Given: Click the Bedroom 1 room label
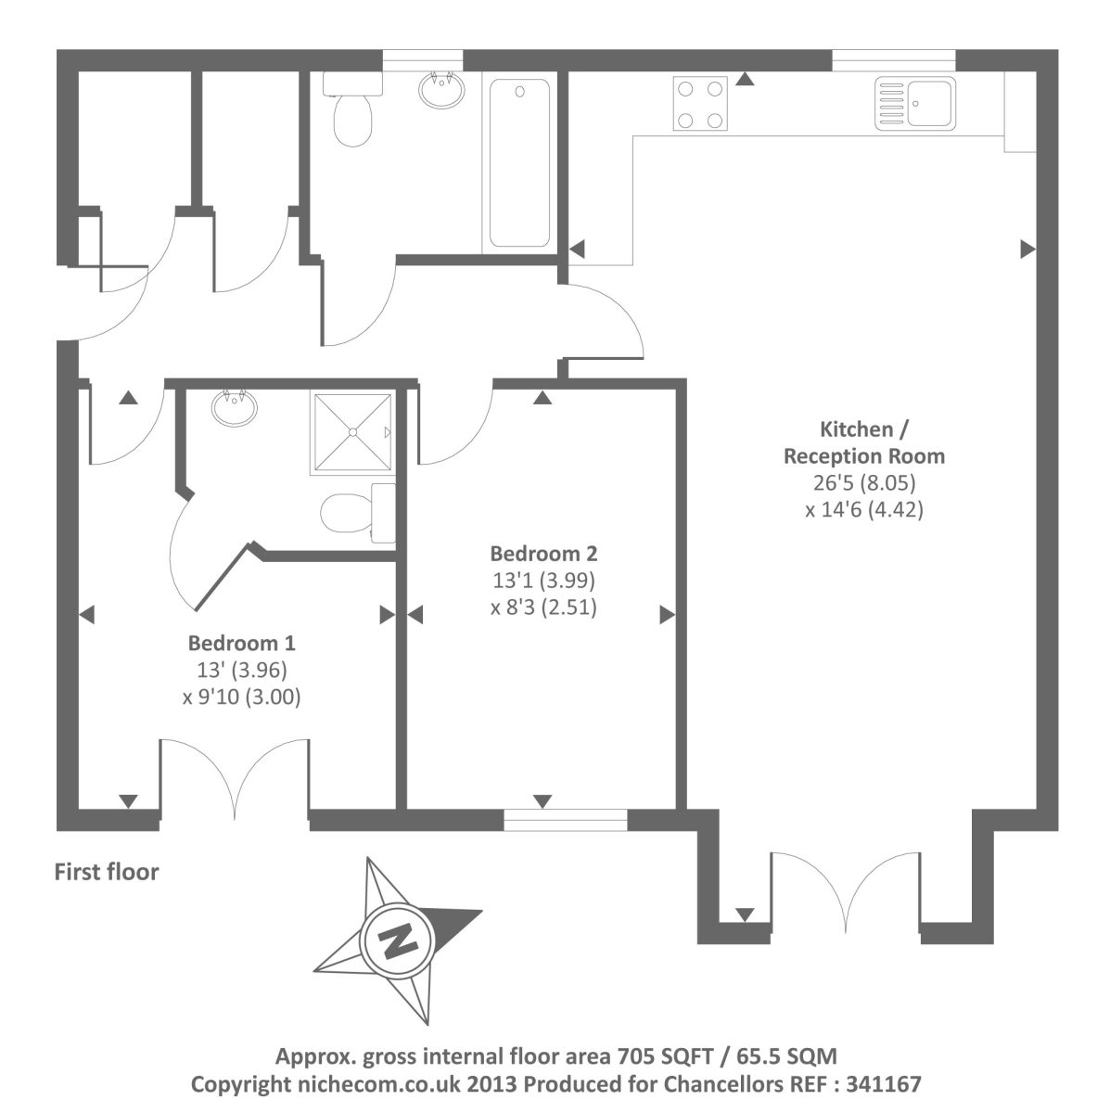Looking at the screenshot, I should point(241,643).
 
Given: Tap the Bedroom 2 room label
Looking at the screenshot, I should point(543,554).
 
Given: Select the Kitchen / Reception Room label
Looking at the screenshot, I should point(863,442).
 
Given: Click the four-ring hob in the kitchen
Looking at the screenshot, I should point(701,105).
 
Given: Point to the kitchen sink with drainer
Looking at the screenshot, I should point(915,102).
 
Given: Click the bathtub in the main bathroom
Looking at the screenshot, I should point(519,162).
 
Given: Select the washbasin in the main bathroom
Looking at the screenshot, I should point(441,91).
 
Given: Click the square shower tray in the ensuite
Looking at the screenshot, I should point(352,432).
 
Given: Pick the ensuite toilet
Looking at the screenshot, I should point(357,512).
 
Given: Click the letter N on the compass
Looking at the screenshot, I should point(398,941).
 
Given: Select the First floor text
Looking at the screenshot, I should point(107,872).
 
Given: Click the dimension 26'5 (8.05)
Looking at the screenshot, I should point(863,482).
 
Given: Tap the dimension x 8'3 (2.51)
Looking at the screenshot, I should point(543,608).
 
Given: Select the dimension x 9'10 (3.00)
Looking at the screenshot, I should point(241,697).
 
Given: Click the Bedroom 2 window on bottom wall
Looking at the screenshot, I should point(565,820).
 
